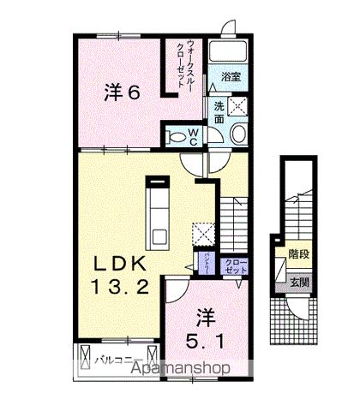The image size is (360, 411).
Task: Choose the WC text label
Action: pos(194,134)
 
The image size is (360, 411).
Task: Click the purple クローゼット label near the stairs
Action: pos(235,266)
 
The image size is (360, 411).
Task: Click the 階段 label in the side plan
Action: pos(298,254)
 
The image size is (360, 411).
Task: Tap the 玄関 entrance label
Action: pos(298,278)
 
